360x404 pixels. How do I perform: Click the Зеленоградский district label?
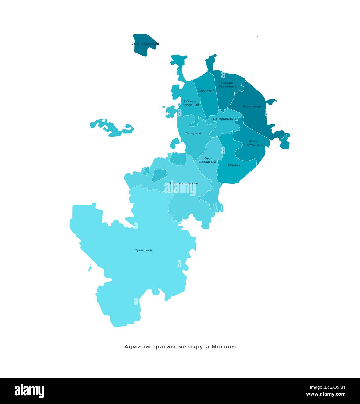(x=145, y=44)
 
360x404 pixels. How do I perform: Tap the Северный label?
(x=206, y=90)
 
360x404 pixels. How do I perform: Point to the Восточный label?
(x=252, y=106)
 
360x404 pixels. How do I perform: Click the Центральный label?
(x=224, y=119)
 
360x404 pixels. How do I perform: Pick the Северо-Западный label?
(x=191, y=103)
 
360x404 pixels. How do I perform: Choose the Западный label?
(x=194, y=133)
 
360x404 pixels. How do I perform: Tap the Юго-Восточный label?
(x=253, y=143)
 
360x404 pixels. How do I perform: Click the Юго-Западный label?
(x=208, y=160)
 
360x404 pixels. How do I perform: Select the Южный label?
(x=234, y=165)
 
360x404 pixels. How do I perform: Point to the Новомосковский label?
(x=184, y=183)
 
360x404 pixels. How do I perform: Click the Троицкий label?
(x=143, y=250)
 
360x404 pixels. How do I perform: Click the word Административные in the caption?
(x=155, y=347)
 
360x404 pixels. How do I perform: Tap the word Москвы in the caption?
(x=224, y=347)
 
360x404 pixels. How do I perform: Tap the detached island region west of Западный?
(x=112, y=128)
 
